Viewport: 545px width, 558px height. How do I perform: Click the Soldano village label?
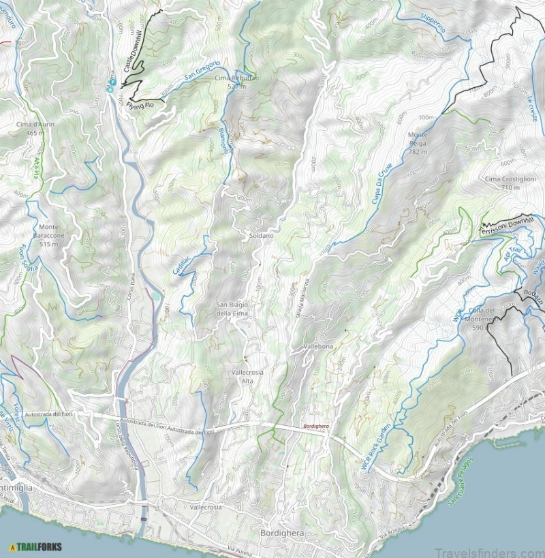tap(261, 235)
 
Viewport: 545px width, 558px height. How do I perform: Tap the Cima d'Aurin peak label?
tap(35, 129)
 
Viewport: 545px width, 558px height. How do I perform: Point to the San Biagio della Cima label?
tap(232, 309)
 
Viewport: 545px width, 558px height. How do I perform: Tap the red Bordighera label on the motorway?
tap(316, 427)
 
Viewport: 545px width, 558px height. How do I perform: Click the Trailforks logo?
tap(35, 546)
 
